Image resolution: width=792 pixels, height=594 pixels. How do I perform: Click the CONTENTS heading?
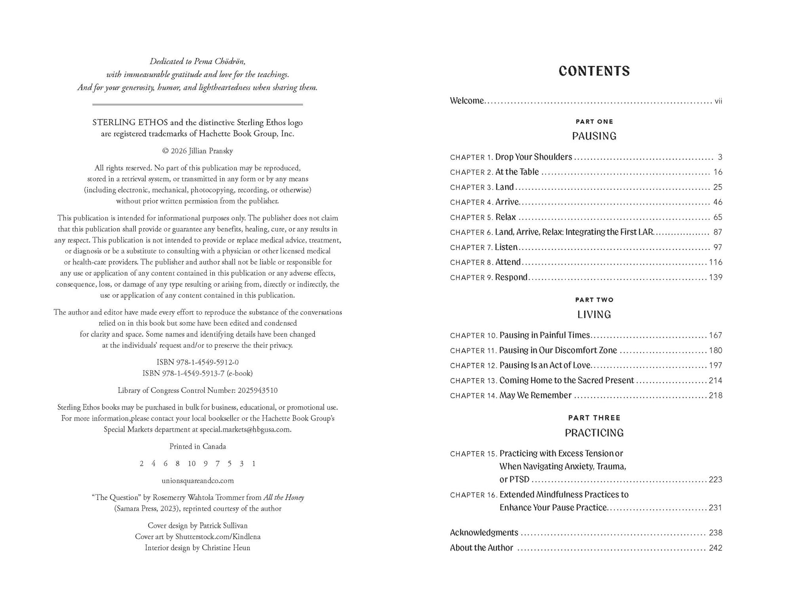(594, 71)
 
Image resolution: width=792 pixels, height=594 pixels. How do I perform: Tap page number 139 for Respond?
(716, 278)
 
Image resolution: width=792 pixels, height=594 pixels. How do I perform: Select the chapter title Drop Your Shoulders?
(533, 157)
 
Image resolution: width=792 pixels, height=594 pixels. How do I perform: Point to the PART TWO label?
(594, 300)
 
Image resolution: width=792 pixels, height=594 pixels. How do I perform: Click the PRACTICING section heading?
(594, 433)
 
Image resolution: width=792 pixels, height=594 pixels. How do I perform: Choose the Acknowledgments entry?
(484, 533)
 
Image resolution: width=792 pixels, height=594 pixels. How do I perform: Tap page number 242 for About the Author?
(716, 548)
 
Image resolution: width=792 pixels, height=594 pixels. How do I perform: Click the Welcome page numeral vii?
(718, 101)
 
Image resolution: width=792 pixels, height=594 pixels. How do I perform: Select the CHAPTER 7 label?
(471, 247)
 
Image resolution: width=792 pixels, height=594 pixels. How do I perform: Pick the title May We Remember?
(535, 396)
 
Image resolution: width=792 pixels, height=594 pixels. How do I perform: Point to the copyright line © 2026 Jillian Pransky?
(198, 151)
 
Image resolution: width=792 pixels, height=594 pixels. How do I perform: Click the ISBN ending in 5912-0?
(198, 362)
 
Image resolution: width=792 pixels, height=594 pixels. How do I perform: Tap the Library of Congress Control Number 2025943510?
(257, 390)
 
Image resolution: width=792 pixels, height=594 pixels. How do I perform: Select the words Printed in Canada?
(198, 446)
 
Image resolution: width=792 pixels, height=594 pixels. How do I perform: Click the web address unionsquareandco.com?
(198, 481)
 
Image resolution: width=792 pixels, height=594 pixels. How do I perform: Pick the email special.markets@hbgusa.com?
(246, 429)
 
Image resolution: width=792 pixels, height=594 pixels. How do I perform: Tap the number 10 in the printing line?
(192, 464)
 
